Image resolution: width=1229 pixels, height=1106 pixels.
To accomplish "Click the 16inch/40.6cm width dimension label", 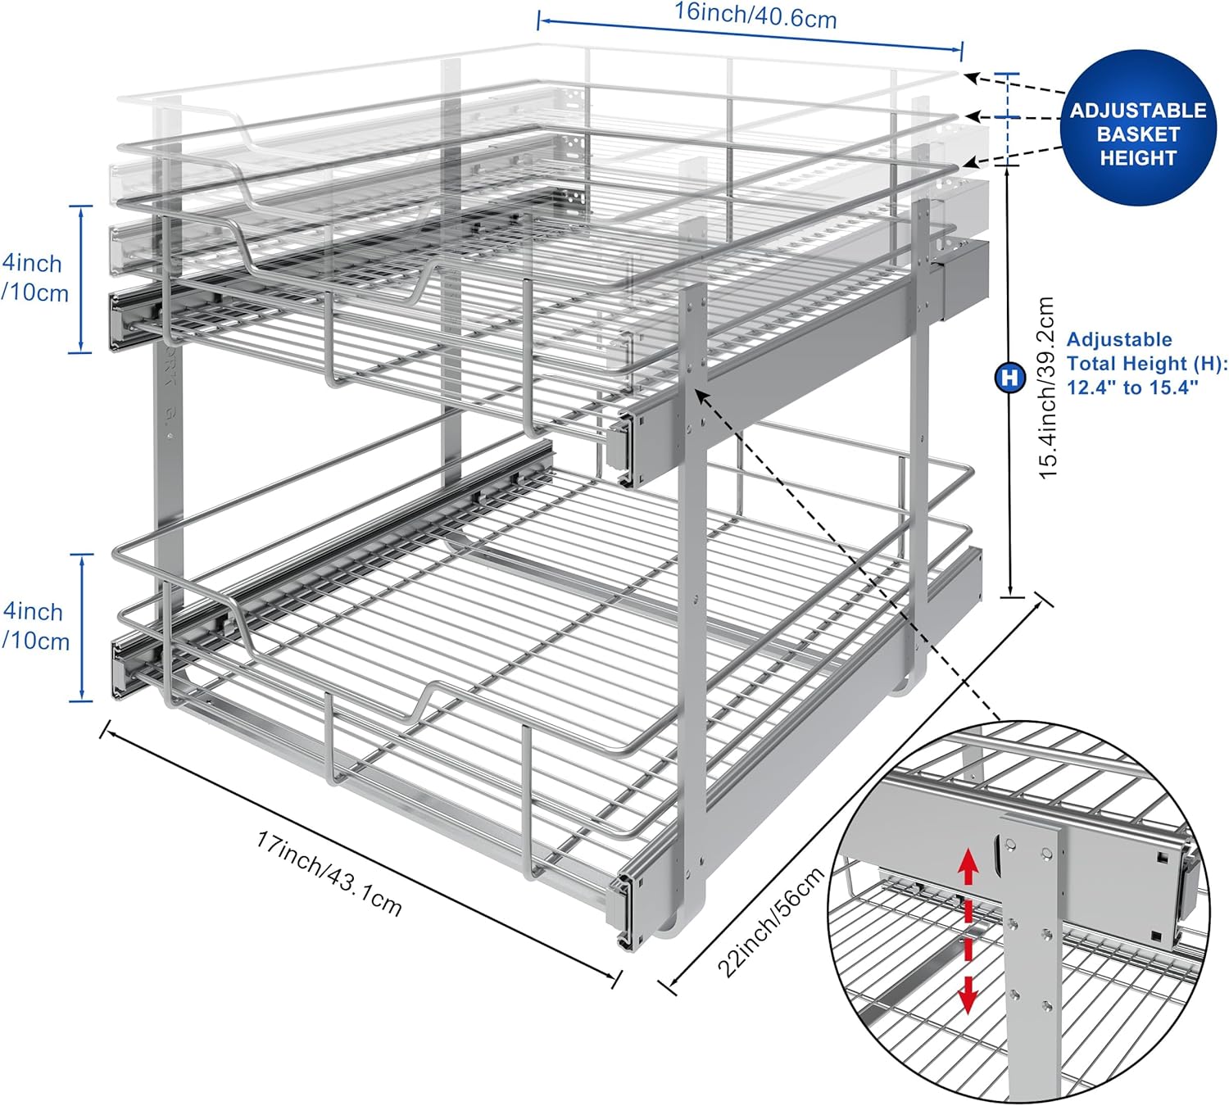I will click(x=755, y=16).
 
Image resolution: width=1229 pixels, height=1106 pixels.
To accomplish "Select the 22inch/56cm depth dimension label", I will click(x=771, y=922).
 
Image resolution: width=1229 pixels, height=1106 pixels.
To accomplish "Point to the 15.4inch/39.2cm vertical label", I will click(x=1047, y=388).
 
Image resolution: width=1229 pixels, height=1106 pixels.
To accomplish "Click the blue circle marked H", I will click(x=1009, y=378).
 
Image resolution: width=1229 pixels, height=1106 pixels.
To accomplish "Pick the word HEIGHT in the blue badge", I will click(x=1138, y=158).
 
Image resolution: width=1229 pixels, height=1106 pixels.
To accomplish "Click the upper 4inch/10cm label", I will click(x=34, y=279).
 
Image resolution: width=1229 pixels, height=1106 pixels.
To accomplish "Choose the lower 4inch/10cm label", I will click(x=34, y=627).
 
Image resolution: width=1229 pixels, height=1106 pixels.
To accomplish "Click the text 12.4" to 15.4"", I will click(x=1132, y=388).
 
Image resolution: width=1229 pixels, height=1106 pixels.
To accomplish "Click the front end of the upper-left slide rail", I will click(x=120, y=322).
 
